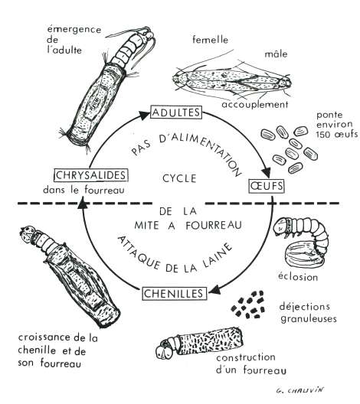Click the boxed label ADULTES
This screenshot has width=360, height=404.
coord(176,112)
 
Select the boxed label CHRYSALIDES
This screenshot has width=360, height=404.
coord(91,175)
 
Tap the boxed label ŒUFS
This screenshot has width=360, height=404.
coord(267,186)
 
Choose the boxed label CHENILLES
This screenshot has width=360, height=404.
coord(175,294)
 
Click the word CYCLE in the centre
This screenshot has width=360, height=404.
coord(179,178)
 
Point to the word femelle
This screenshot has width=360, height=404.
coord(210,40)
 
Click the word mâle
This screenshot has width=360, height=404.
coord(276,54)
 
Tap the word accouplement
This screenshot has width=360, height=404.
coord(255,105)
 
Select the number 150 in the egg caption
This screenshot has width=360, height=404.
coord(324,134)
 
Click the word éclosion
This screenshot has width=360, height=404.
coord(298,277)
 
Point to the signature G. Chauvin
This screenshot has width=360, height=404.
coord(299,390)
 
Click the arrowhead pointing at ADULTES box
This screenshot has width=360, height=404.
coord(144,116)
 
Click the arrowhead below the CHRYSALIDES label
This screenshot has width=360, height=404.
coord(82,202)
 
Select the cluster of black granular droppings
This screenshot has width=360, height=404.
coord(248,305)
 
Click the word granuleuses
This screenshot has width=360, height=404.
coord(309,319)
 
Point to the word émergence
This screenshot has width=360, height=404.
coord(74,29)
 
